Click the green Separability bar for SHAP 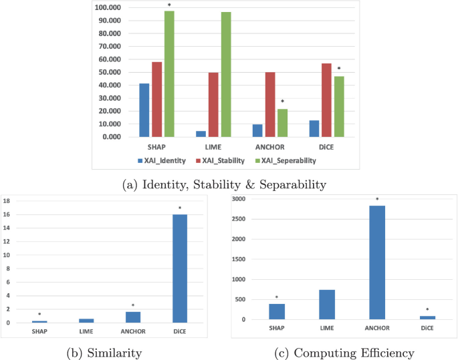(x=170, y=74)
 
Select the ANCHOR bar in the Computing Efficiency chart (x=377, y=262)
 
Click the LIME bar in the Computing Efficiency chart (x=327, y=305)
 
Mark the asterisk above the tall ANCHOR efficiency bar (x=377, y=199)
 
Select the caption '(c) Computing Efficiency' (x=345, y=351)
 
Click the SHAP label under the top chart (x=157, y=147)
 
